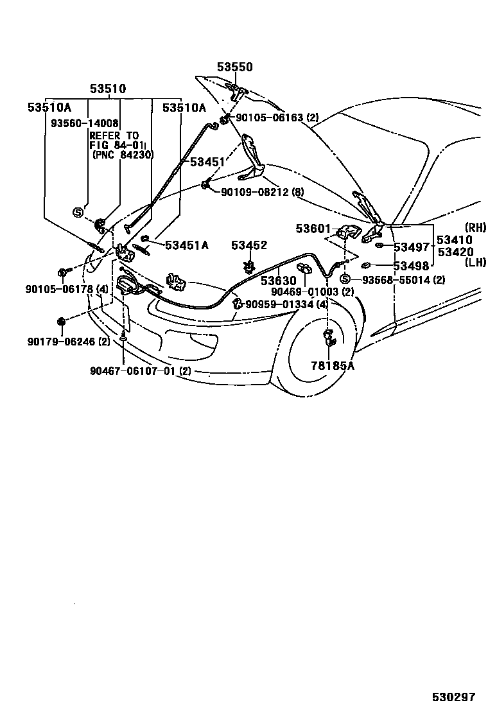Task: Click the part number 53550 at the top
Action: pyautogui.click(x=234, y=67)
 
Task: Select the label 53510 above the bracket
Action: pyautogui.click(x=107, y=89)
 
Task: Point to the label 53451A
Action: pyautogui.click(x=186, y=245)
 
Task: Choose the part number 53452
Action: pyautogui.click(x=249, y=245)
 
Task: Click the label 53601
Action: pyautogui.click(x=313, y=229)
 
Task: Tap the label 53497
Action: pyautogui.click(x=411, y=247)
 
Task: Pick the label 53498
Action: pyautogui.click(x=411, y=266)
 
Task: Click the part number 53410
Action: pyautogui.click(x=455, y=240)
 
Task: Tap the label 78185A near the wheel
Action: pyautogui.click(x=333, y=365)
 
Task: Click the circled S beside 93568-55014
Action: pyautogui.click(x=345, y=279)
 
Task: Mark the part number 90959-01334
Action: pyautogui.click(x=281, y=304)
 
